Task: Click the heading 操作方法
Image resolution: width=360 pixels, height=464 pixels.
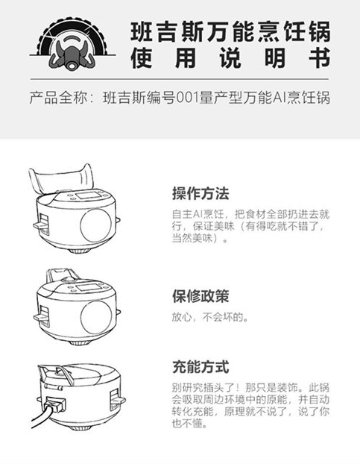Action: [x=200, y=193]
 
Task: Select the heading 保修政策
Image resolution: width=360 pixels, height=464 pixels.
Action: [x=200, y=296]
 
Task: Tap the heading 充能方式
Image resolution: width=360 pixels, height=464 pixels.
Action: [x=200, y=367]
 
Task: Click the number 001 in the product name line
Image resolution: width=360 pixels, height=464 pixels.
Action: [x=187, y=98]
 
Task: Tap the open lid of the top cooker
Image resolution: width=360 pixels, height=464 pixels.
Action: [x=61, y=179]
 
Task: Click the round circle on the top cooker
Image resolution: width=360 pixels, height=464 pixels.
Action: [x=95, y=225]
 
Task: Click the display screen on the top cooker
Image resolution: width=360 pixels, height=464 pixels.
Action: [x=88, y=195]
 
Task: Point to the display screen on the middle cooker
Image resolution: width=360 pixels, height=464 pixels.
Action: [x=88, y=287]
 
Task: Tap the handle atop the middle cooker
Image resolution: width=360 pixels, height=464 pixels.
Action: [x=61, y=274]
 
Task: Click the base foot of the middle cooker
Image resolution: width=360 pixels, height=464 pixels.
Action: [x=78, y=343]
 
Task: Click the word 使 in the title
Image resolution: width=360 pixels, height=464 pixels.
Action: [x=142, y=58]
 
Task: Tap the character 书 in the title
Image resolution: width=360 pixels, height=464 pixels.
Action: [x=319, y=58]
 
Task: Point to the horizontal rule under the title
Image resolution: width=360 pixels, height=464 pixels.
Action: [x=179, y=79]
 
